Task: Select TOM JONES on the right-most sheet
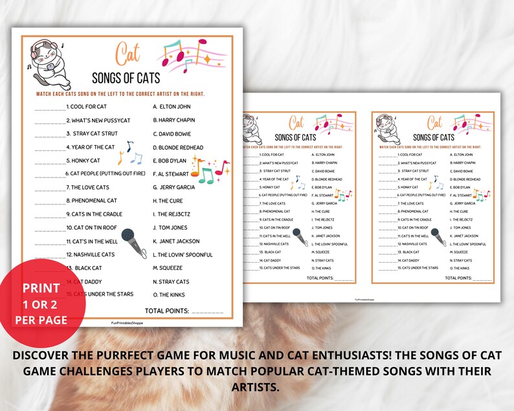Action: tap(462, 228)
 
